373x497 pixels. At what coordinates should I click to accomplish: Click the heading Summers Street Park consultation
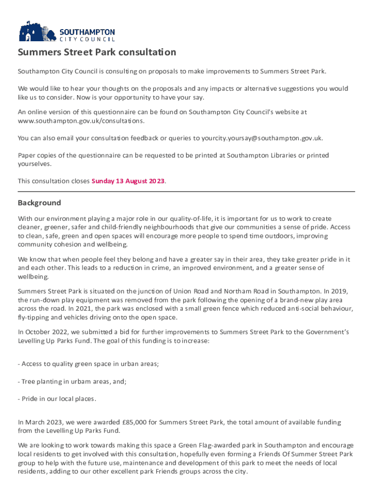click(97, 52)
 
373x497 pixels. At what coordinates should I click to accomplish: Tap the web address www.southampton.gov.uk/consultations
click(81, 120)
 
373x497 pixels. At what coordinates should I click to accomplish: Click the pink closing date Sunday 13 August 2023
click(128, 181)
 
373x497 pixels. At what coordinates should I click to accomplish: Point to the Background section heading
click(39, 203)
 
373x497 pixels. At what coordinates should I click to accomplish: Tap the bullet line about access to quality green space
click(88, 364)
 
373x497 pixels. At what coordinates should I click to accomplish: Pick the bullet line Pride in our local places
click(57, 399)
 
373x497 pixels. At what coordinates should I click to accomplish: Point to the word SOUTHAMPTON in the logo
click(87, 32)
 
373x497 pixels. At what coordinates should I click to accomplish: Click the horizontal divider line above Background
click(186, 191)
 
